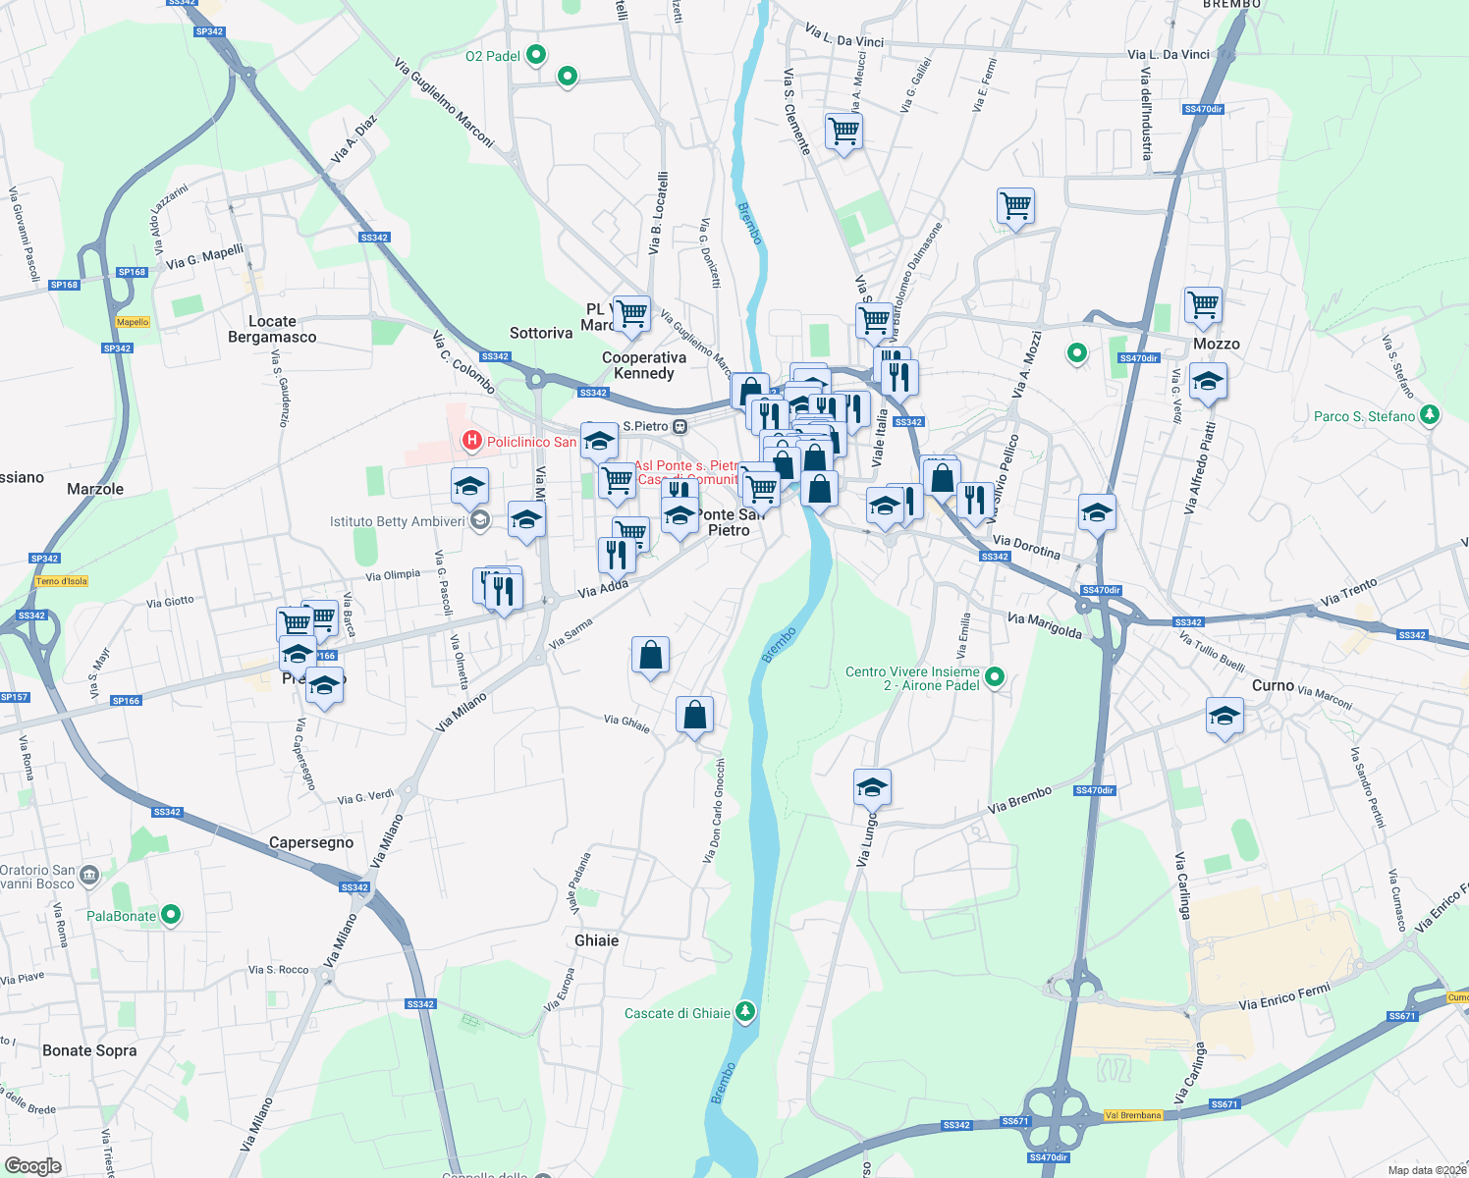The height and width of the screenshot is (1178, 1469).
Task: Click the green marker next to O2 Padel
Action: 535,55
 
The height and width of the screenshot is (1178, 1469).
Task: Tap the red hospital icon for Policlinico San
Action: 472,441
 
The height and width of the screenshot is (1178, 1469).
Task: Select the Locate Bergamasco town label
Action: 272,329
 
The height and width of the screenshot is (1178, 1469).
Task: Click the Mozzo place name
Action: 1217,344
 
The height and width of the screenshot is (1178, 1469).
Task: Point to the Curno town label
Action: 1273,685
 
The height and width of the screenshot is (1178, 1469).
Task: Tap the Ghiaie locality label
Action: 596,940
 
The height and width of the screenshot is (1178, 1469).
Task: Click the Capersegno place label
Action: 311,842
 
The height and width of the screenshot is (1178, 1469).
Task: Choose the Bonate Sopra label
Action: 89,1050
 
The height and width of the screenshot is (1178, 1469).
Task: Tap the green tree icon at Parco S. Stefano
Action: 1430,415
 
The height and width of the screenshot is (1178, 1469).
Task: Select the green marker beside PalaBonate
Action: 171,915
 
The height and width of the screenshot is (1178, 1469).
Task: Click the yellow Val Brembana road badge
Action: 1132,1115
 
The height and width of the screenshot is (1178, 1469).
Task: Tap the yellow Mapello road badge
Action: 133,322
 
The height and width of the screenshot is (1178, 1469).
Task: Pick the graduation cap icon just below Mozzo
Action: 1208,382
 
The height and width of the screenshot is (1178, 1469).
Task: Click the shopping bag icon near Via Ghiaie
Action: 694,716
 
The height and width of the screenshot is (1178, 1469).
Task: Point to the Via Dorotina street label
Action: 1026,546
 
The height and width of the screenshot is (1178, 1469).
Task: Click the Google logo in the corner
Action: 32,1166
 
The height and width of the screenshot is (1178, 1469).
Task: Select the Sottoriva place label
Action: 541,333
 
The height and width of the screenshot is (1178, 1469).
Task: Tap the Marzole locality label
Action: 95,489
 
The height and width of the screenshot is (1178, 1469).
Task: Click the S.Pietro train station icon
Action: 680,426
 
